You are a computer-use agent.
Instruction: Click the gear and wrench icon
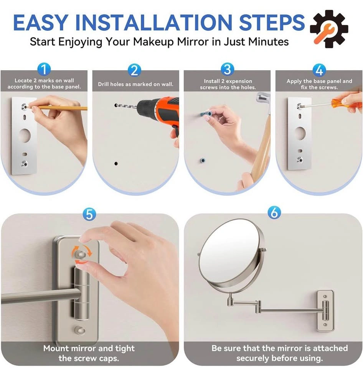coord(329,29)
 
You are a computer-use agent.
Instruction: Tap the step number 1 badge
coord(44,70)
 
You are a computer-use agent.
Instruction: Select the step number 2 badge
coord(134,70)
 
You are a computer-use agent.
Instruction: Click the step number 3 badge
coord(228,69)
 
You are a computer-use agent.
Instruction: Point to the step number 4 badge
coord(319,70)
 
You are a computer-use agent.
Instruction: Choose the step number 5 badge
coord(89,214)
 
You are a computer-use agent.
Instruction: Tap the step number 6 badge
coord(274,213)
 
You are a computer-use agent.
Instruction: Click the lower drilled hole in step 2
coord(116,163)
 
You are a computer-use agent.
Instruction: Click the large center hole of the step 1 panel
coord(25,135)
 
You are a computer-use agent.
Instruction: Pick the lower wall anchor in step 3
coord(203,161)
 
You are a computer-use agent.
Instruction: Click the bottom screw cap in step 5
coord(80,330)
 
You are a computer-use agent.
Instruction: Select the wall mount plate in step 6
coord(325,311)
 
